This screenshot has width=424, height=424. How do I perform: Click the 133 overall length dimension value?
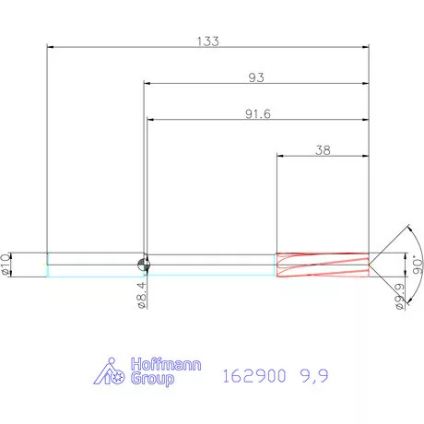point(207,41)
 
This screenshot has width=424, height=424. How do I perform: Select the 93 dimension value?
point(256,77)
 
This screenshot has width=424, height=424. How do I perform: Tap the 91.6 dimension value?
point(256,114)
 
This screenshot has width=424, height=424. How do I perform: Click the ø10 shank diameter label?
point(6,264)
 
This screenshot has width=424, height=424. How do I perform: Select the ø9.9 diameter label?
point(399,297)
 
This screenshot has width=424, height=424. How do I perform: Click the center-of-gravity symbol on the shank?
point(144,265)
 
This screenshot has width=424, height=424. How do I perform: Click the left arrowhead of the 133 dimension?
point(50,47)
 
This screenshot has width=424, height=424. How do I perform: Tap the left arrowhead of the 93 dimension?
point(146,84)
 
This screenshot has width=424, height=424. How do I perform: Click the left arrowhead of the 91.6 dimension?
point(149,120)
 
